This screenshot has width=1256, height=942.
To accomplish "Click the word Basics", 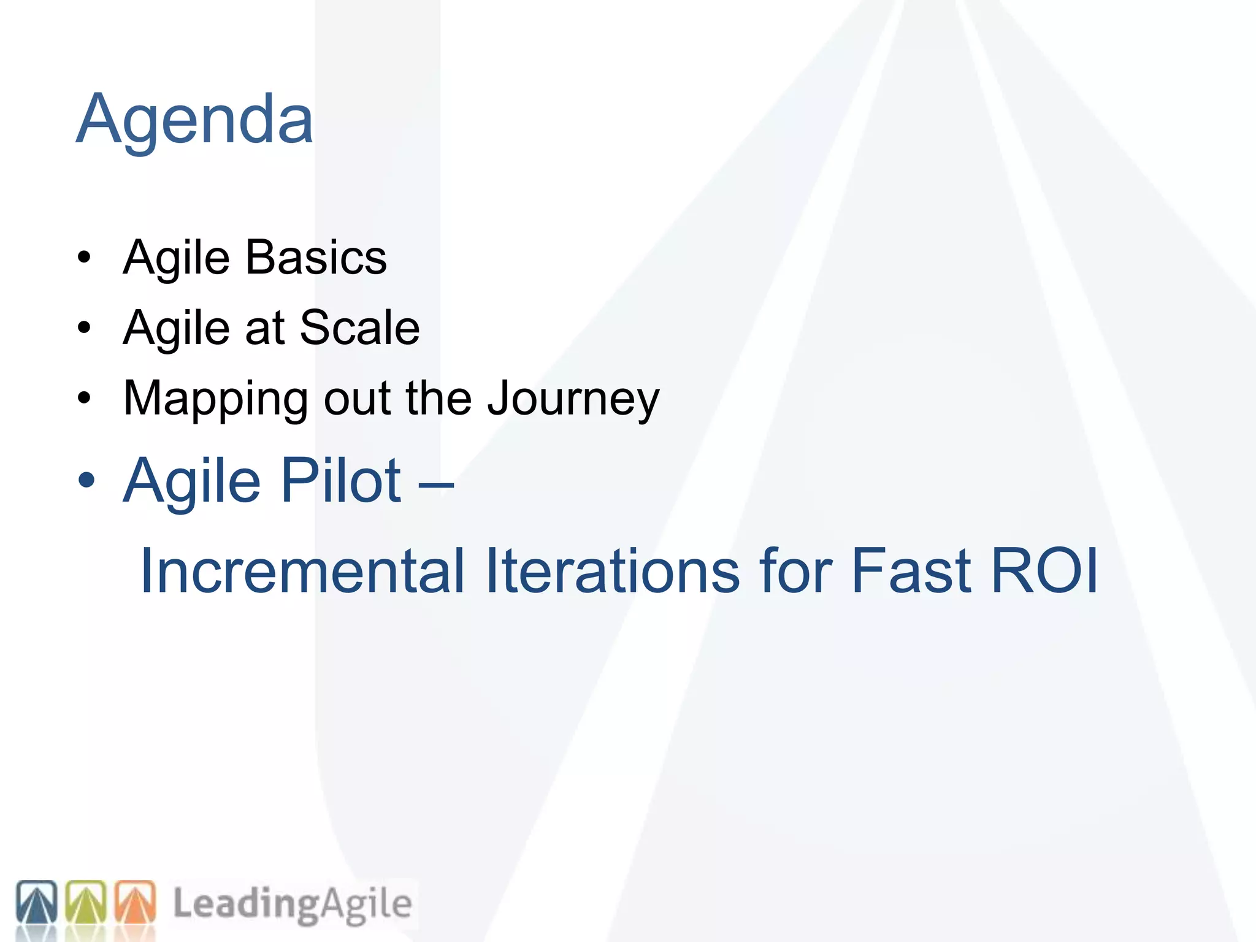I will [x=316, y=258].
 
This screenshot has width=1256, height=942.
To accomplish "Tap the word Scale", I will [x=359, y=327].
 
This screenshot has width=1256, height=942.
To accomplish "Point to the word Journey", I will [x=573, y=399].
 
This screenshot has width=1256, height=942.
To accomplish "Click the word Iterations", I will [x=612, y=571].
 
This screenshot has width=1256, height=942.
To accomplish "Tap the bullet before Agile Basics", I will [x=84, y=258].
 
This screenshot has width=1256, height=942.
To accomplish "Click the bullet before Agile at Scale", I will [x=84, y=328].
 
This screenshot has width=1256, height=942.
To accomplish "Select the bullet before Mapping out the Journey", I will [x=84, y=399].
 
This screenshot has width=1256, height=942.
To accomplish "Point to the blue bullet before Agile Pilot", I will [x=86, y=481].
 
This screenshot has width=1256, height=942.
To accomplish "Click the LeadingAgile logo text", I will [x=292, y=904].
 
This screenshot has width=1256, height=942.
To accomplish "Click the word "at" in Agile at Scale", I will [x=265, y=328].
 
